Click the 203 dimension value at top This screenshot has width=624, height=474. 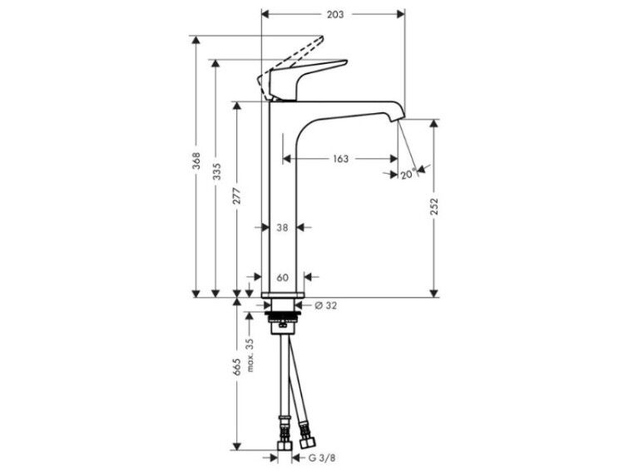click(x=335, y=14)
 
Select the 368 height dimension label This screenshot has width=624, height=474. click(x=196, y=160)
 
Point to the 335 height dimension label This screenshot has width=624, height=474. click(x=216, y=171)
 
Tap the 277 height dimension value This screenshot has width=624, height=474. click(x=237, y=195)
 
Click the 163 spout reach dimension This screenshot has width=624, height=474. click(x=340, y=159)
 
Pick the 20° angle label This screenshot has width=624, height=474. click(x=408, y=174)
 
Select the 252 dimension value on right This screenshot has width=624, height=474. click(x=434, y=206)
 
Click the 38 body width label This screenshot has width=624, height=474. click(x=282, y=228)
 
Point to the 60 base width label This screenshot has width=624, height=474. click(x=282, y=277)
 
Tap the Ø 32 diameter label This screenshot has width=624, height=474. click(x=325, y=305)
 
